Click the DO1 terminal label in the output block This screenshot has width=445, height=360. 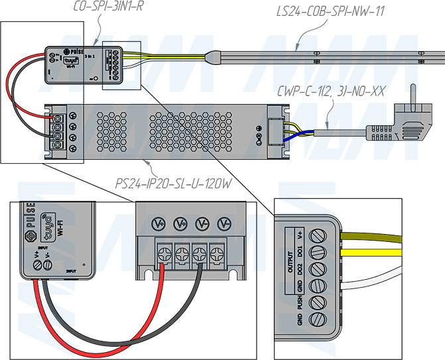click(x=300, y=252)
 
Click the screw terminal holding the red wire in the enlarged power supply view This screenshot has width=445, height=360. click(x=162, y=253)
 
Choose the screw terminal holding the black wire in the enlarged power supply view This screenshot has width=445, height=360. click(x=200, y=253)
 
